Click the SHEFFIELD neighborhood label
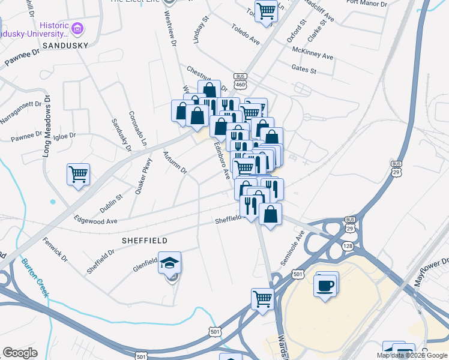tap(145, 240)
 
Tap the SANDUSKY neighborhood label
tap(61, 45)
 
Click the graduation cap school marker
tap(170, 263)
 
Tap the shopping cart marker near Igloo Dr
tap(78, 175)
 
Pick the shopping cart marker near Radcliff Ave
tap(265, 10)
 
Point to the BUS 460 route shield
tap(241, 81)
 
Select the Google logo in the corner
tap(20, 353)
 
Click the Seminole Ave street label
tap(293, 248)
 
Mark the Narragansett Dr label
tap(22, 113)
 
